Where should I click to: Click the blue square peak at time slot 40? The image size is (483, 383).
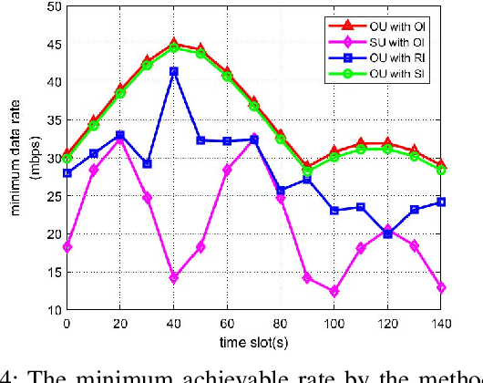[x=173, y=71]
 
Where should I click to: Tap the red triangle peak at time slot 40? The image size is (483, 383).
[x=173, y=43]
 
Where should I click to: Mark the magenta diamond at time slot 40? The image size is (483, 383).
[x=173, y=277]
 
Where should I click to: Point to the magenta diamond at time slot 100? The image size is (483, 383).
[x=334, y=291]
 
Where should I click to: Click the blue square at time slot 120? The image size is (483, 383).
[x=387, y=233]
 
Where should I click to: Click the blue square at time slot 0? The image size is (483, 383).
[x=67, y=172]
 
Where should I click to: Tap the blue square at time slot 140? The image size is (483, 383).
[x=441, y=202]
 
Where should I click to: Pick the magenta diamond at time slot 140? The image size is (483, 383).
[x=441, y=287]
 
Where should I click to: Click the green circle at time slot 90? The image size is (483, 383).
[x=307, y=170]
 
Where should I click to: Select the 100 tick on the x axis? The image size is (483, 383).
[x=334, y=324]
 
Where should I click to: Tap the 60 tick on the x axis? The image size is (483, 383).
[x=227, y=324]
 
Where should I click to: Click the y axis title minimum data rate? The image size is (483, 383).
[x=15, y=158]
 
